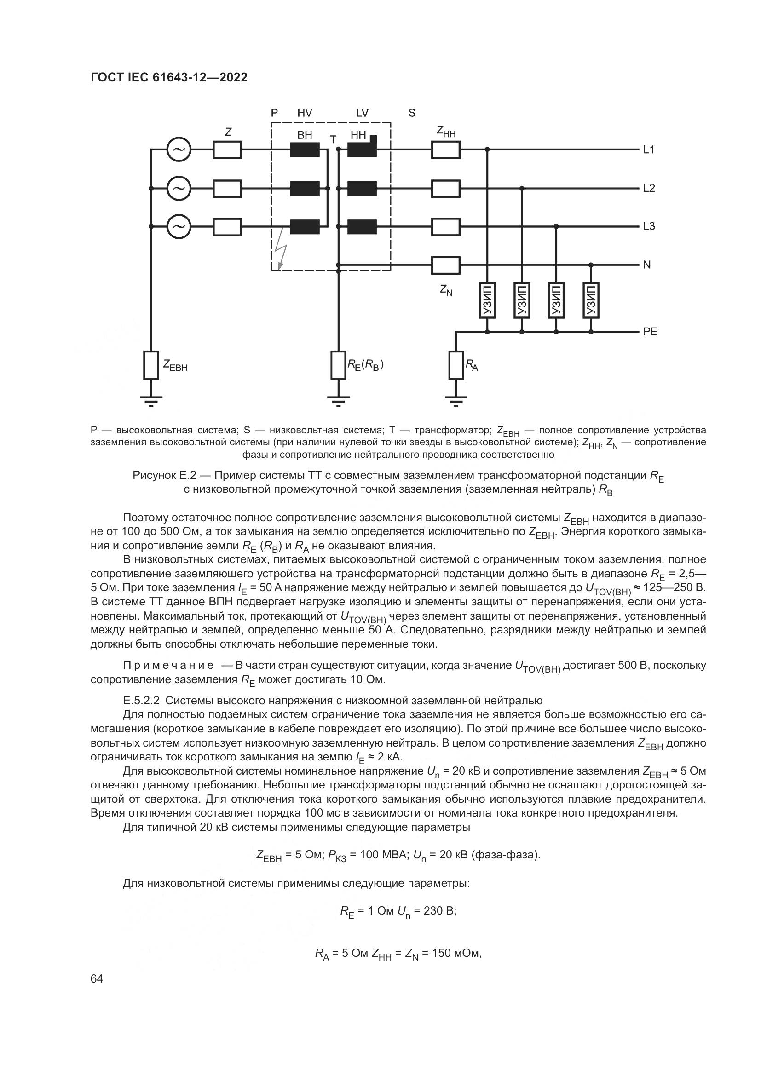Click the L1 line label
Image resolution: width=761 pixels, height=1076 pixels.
click(x=649, y=150)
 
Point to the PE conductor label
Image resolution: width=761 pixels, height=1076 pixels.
click(x=650, y=332)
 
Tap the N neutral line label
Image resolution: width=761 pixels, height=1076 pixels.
click(x=646, y=265)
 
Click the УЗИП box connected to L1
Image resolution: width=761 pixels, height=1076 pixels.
click(x=487, y=300)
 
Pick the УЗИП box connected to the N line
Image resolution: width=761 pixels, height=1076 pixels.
click(x=591, y=300)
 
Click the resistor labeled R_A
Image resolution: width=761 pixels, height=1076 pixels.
click(x=456, y=365)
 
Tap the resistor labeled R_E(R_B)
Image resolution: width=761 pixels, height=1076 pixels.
click(x=338, y=365)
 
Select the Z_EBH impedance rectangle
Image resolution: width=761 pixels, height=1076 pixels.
click(x=151, y=365)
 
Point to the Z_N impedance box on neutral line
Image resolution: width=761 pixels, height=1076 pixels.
click(x=446, y=265)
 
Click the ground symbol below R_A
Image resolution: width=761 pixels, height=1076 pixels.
click(x=456, y=401)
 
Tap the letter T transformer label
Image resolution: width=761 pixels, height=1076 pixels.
click(x=333, y=140)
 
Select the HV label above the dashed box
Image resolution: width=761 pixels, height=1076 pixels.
click(x=305, y=113)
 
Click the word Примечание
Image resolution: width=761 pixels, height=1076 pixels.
click(x=168, y=666)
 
